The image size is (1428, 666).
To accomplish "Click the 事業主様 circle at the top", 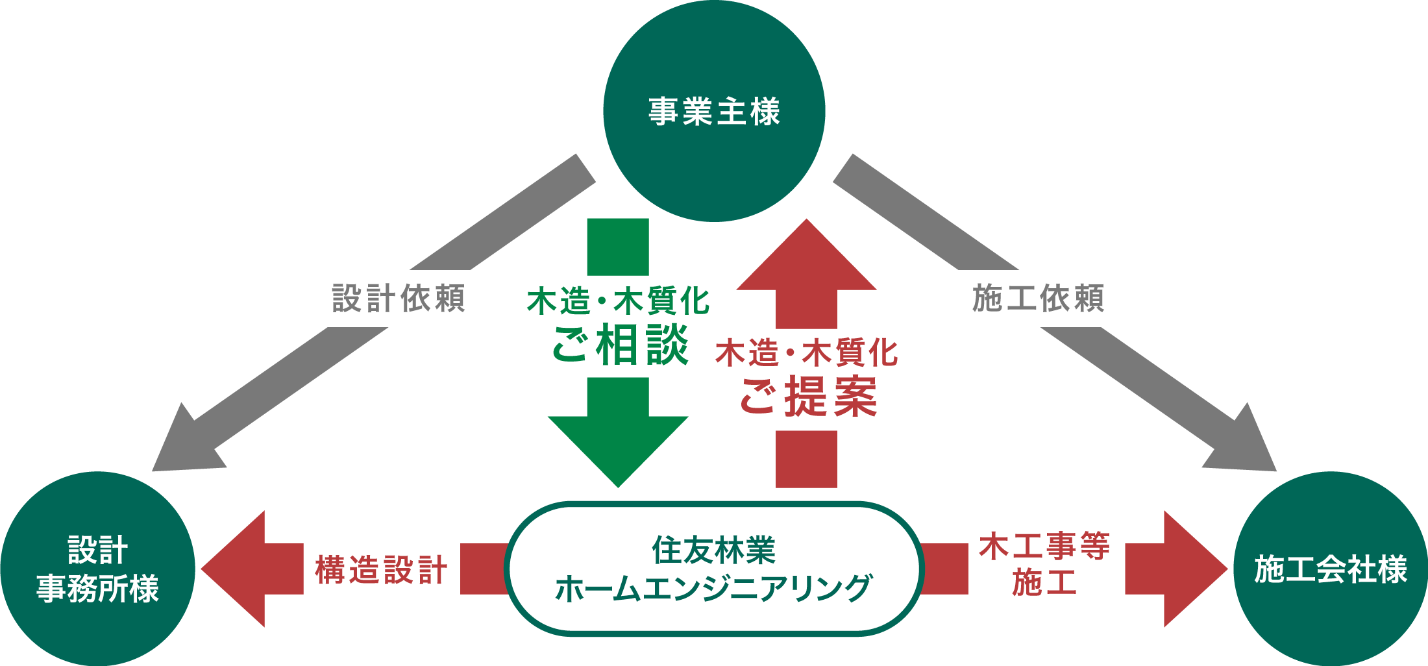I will [714, 110].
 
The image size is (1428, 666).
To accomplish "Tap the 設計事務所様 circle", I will [97, 569].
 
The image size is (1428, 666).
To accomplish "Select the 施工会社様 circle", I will [1331, 569].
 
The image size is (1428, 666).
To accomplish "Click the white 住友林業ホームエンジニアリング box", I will [714, 569].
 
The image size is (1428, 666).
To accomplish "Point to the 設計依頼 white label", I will [395, 299].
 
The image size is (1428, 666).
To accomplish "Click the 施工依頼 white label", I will [1033, 299].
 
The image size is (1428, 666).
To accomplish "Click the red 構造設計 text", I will [382, 570].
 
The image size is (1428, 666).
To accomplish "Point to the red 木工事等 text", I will [1044, 547].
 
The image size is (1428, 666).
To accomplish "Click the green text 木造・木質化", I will [618, 302].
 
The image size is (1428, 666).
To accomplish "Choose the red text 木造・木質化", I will [807, 354].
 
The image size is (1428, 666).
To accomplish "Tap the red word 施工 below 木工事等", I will [1044, 582].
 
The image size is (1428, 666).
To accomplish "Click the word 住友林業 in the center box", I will [714, 550].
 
